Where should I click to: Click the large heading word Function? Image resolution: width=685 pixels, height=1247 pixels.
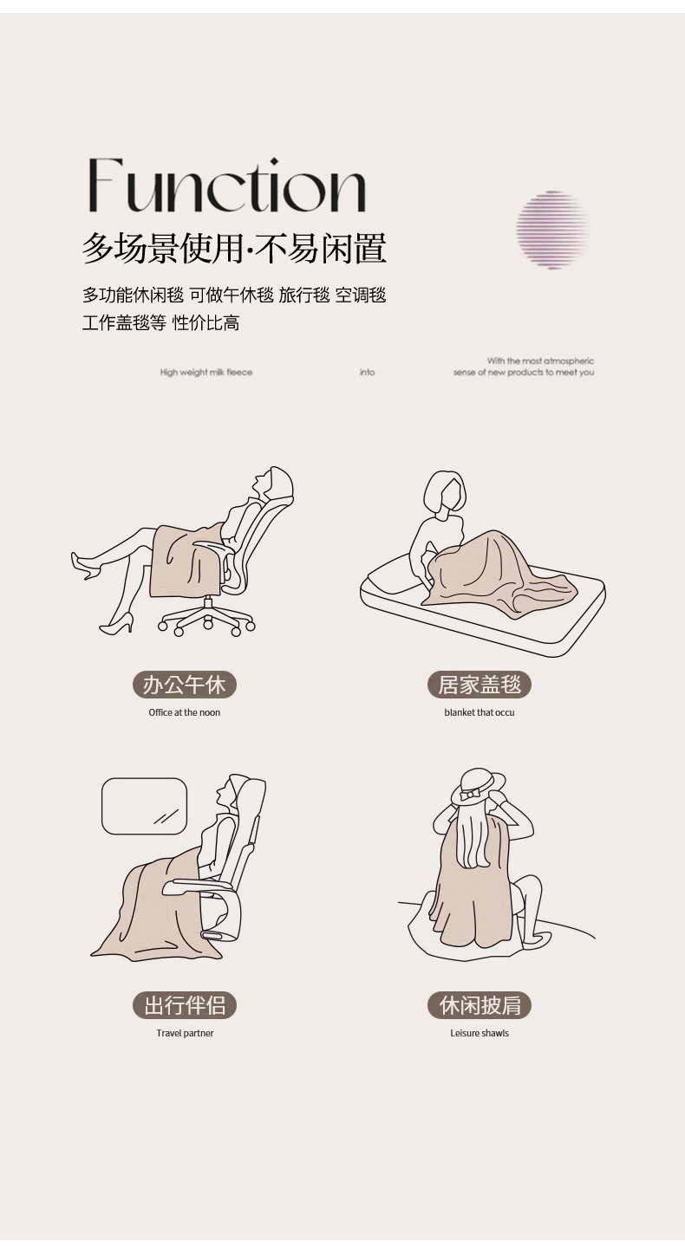click(226, 185)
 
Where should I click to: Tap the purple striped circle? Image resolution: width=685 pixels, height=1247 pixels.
click(552, 230)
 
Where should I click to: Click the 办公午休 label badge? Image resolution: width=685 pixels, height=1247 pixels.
click(185, 685)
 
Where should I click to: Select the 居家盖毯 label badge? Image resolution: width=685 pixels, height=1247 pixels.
click(479, 685)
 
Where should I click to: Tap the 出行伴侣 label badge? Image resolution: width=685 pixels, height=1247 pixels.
click(185, 1005)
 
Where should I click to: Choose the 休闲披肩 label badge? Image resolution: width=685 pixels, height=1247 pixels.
click(479, 1005)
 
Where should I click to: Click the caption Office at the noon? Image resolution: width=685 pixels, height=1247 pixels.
click(185, 712)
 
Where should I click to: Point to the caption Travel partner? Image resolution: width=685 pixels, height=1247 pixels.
click(185, 1033)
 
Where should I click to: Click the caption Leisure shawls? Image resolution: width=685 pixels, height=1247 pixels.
click(479, 1033)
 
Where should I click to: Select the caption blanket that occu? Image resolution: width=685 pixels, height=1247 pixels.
click(479, 712)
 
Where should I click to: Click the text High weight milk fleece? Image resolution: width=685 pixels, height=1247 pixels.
click(206, 373)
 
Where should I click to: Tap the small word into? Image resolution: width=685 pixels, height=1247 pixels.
click(367, 373)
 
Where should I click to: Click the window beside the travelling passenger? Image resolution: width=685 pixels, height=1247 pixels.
click(144, 806)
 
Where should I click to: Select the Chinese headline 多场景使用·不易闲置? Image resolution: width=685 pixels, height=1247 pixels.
click(234, 249)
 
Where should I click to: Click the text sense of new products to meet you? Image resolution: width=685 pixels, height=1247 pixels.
click(524, 373)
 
